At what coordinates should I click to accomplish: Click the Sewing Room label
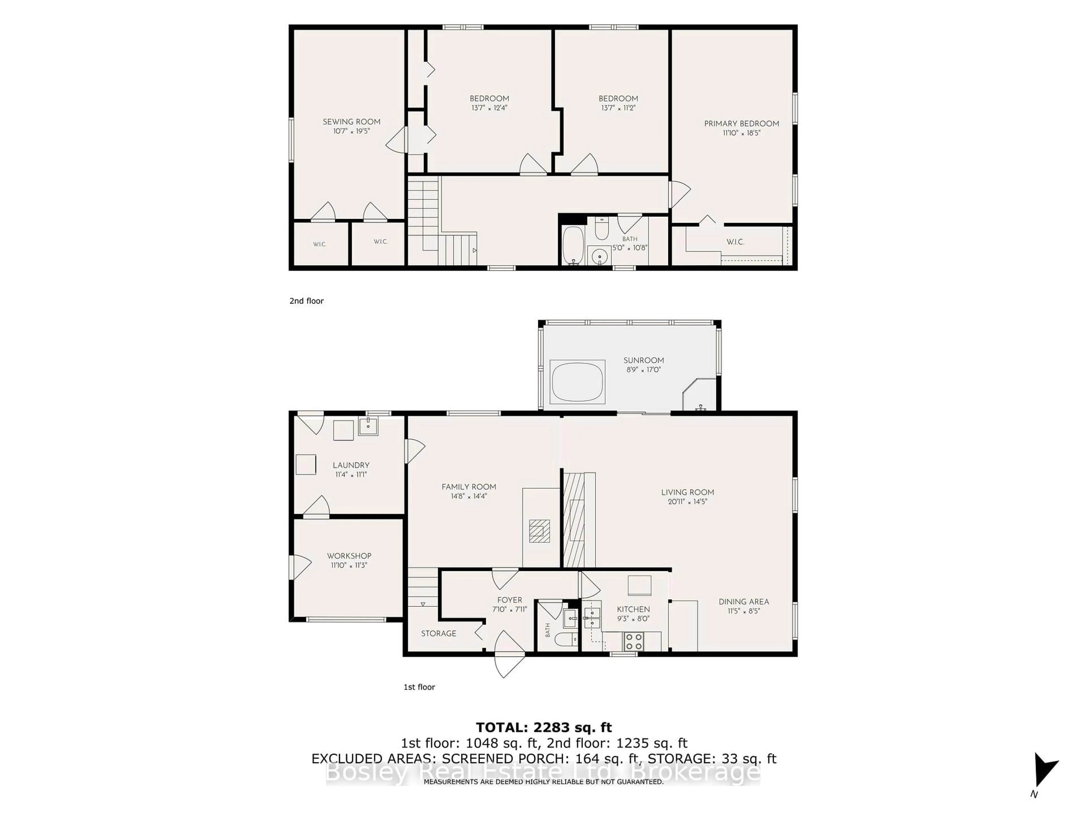click(x=352, y=122)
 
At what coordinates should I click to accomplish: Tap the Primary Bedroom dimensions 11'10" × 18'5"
click(x=741, y=133)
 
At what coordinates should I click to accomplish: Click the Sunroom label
click(x=644, y=360)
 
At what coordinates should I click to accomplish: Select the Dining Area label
click(x=744, y=601)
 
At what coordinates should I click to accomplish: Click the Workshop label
click(x=349, y=556)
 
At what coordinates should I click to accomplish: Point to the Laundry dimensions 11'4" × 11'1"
click(x=351, y=475)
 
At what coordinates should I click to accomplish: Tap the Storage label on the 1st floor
click(x=438, y=633)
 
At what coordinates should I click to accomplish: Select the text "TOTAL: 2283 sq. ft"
click(x=544, y=727)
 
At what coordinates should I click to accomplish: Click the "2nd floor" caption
click(x=306, y=301)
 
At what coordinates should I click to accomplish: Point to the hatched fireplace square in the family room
click(x=539, y=531)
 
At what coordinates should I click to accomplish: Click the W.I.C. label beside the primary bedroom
click(x=736, y=242)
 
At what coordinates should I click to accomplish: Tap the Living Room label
click(x=687, y=492)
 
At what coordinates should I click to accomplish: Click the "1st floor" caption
click(x=419, y=687)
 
